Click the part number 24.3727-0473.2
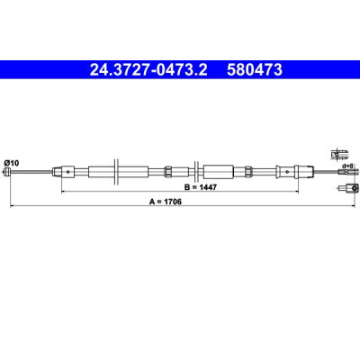(148, 70)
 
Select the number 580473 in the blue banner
(255, 70)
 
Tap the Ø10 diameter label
(12, 163)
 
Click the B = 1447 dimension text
(200, 187)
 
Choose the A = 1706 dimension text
(166, 202)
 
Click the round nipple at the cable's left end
(6, 172)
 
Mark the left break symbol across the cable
(117, 172)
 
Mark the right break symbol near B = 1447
(196, 172)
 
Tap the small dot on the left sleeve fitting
(68, 172)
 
